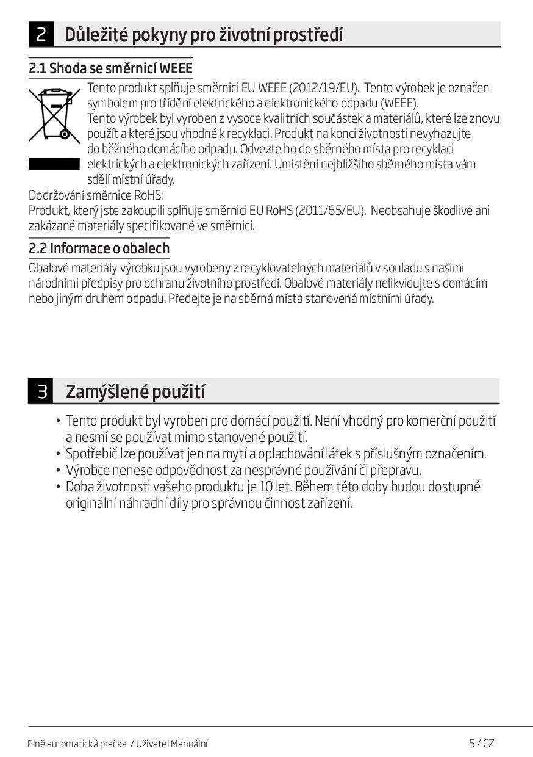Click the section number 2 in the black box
(x=41, y=34)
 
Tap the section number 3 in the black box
(x=41, y=391)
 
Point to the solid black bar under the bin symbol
(x=54, y=164)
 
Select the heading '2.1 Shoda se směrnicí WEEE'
(x=110, y=68)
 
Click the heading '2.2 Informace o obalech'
(x=99, y=248)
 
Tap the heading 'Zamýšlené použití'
(x=135, y=391)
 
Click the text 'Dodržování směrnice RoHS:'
(x=96, y=195)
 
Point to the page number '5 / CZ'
(x=481, y=743)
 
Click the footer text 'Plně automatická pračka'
(x=77, y=744)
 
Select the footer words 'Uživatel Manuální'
(x=172, y=744)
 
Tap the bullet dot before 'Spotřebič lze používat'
(x=58, y=454)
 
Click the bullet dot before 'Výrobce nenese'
(x=58, y=471)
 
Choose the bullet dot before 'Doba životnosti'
(x=58, y=487)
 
